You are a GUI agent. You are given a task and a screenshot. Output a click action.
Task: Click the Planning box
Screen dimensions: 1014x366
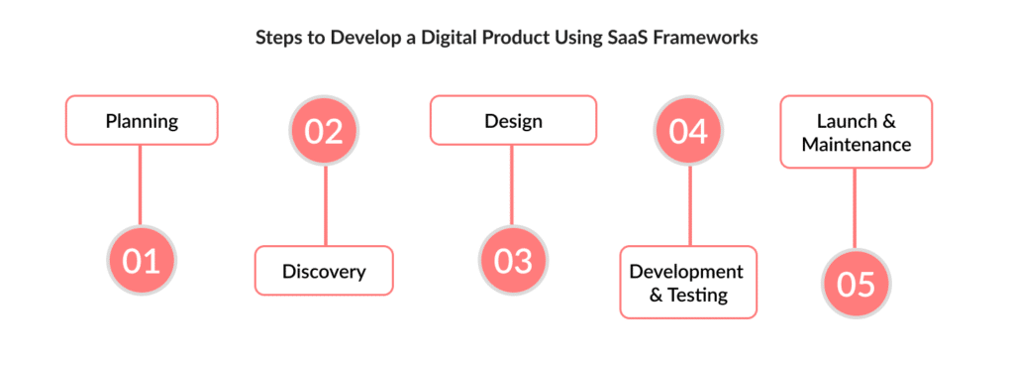[142, 120]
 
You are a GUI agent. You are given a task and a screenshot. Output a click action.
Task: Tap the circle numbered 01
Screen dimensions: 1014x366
[141, 261]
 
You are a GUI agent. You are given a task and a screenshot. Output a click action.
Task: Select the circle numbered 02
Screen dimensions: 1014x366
[324, 131]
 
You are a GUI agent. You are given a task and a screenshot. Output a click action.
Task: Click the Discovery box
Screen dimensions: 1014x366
[324, 271]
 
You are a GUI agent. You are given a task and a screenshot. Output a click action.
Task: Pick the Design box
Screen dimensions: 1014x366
[514, 120]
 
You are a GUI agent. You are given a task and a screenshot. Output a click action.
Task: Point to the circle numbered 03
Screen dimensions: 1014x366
[514, 261]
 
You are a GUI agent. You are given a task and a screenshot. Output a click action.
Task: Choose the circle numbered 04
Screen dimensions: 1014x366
[689, 131]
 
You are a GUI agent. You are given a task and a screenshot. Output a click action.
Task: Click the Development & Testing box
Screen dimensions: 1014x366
[688, 283]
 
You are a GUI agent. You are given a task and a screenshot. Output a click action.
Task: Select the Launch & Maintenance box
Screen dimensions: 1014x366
[857, 132]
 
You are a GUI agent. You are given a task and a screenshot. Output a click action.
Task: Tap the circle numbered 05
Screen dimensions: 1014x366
[856, 284]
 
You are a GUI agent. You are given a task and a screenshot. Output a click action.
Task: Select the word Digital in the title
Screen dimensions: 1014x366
[447, 39]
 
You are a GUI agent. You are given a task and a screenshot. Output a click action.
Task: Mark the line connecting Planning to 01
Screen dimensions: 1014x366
[141, 185]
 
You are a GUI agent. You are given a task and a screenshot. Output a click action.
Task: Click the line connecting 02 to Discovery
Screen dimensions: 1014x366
[325, 206]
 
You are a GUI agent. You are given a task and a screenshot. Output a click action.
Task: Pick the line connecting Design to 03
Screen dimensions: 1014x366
[513, 185]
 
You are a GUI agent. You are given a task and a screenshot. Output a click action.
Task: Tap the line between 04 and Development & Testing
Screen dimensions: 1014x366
[689, 206]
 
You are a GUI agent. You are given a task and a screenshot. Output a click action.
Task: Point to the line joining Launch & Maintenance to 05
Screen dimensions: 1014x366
[855, 208]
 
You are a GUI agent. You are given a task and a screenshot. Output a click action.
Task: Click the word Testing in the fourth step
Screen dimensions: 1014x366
[698, 296]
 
